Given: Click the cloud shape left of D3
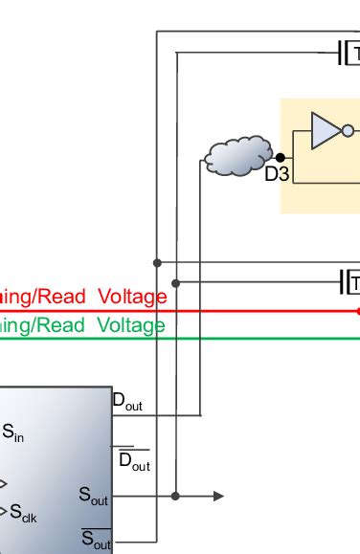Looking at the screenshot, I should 236,156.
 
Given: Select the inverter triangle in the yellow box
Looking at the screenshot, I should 325,130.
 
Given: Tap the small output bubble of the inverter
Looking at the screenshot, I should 348,131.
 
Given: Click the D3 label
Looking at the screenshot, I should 277,175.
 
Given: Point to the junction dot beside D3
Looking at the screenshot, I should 280,157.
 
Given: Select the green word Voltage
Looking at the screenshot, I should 130,326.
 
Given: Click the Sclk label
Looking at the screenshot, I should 27,514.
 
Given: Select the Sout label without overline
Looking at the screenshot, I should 94,496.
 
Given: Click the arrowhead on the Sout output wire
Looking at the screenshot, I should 218,496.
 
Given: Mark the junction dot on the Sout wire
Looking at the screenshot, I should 175,496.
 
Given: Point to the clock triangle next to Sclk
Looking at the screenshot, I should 4,510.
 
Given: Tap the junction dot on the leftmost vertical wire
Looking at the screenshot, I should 157,262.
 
